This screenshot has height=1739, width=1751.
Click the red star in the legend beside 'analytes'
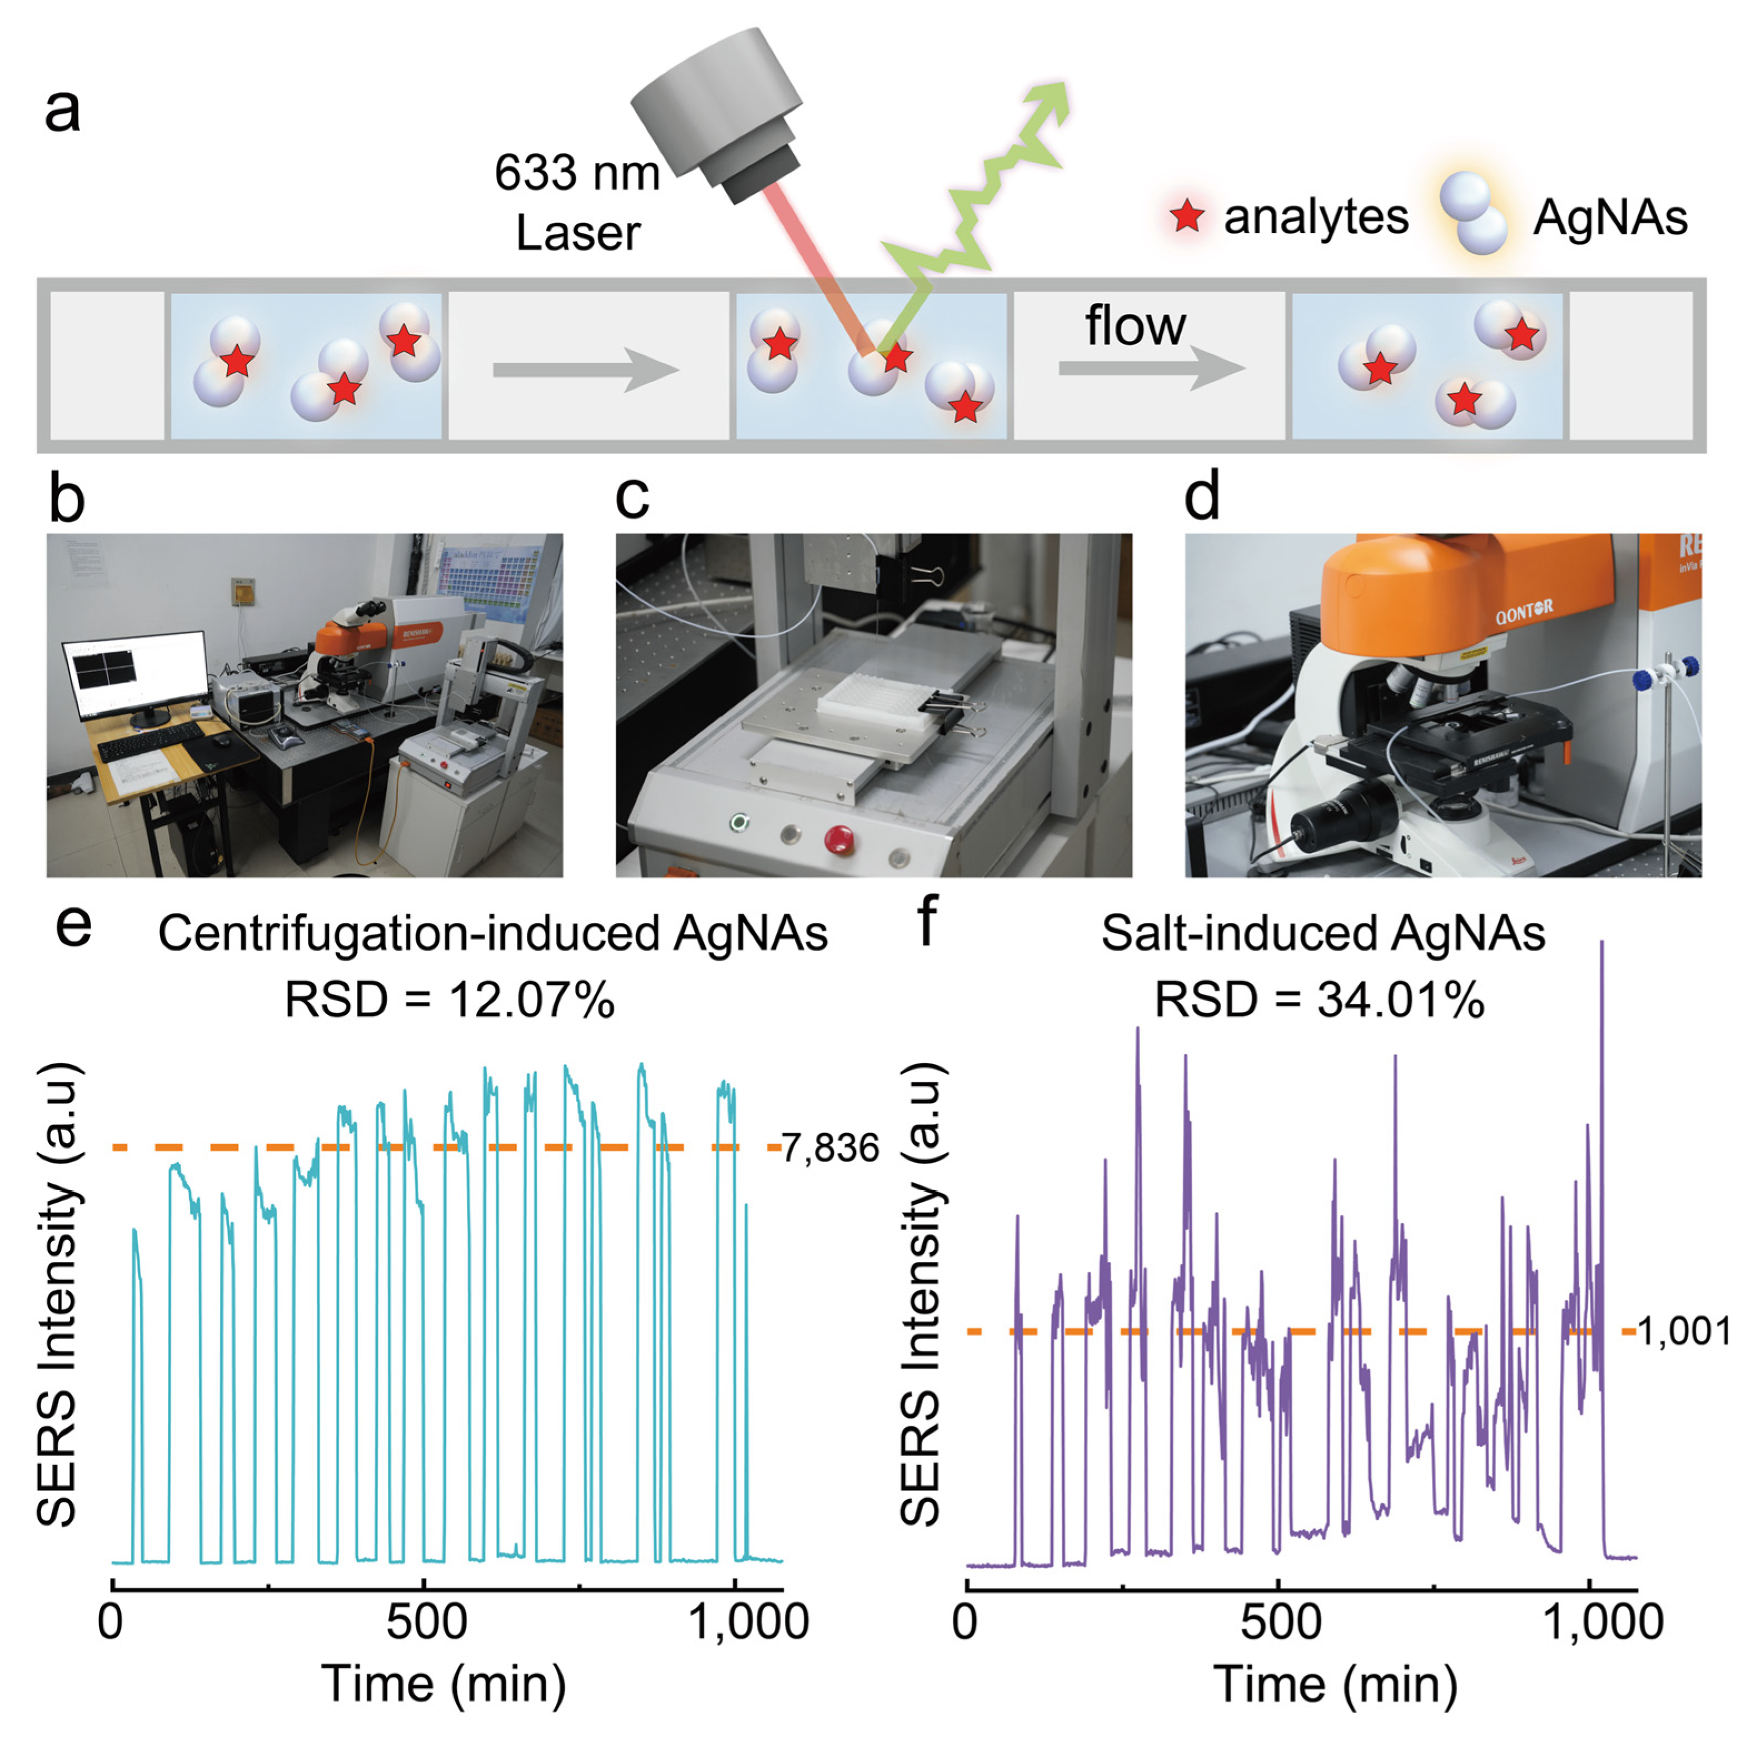coord(1187,217)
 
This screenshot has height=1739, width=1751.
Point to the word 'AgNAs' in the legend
coord(1610,217)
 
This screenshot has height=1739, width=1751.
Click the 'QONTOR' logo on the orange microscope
coord(1524,613)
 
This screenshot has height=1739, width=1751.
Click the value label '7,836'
coord(830,1148)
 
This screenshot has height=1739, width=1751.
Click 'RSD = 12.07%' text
coord(450,1001)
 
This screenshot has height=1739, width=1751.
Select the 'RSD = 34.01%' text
coord(1319,1001)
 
